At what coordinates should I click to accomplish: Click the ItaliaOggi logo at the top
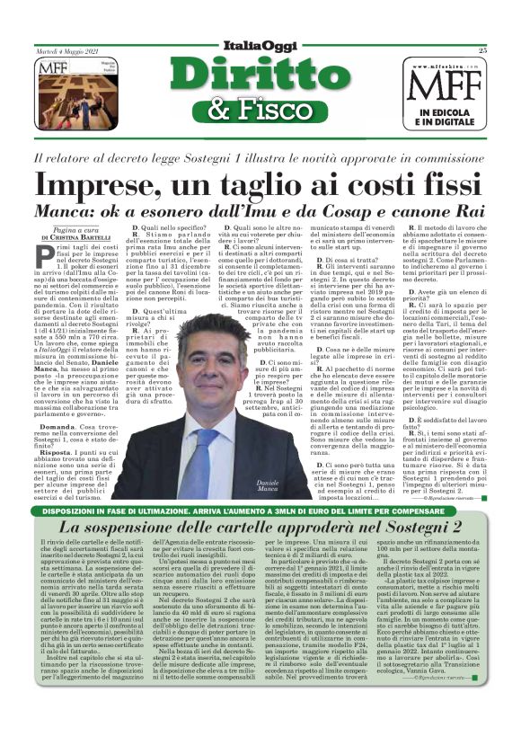260,45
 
